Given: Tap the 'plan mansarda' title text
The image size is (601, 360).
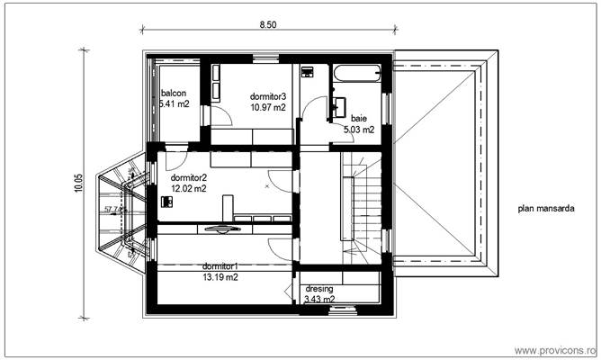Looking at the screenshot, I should click(545, 208).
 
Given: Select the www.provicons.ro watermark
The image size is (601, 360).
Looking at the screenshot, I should click(554, 349).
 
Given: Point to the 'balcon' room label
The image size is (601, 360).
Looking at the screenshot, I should click(174, 93).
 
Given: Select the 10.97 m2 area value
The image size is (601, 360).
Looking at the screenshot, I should click(268, 107).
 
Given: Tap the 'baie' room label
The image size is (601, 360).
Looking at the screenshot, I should click(359, 118).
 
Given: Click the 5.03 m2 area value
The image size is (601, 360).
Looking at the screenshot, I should click(359, 130).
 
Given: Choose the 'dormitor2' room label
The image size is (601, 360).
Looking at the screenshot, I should click(189, 177).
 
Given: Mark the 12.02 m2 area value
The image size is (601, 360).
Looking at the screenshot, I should click(189, 189).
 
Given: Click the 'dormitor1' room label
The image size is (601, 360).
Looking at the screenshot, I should click(220, 266).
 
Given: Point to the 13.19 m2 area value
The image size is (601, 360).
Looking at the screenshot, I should click(220, 277).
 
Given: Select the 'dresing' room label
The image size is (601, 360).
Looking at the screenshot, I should click(319, 289).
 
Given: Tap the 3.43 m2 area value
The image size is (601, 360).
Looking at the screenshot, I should click(319, 300).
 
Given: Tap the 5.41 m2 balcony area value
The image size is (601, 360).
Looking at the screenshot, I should click(175, 104).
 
